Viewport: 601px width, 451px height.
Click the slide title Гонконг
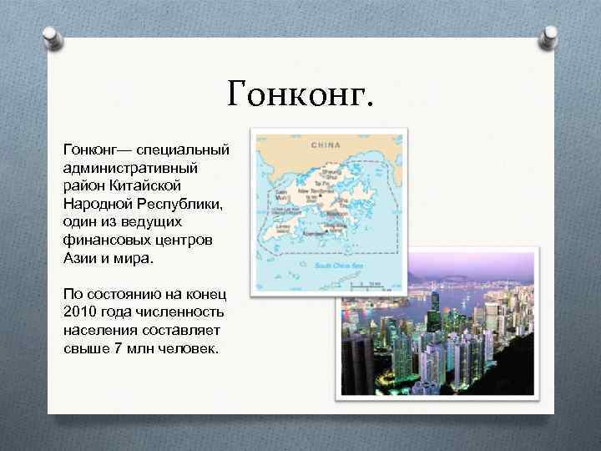(298, 94)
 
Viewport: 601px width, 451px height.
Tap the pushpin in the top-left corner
(51, 38)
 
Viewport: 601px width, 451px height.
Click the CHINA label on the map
(326, 145)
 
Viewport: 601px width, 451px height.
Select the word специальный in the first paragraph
(184, 149)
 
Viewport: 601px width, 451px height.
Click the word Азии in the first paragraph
(80, 259)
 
